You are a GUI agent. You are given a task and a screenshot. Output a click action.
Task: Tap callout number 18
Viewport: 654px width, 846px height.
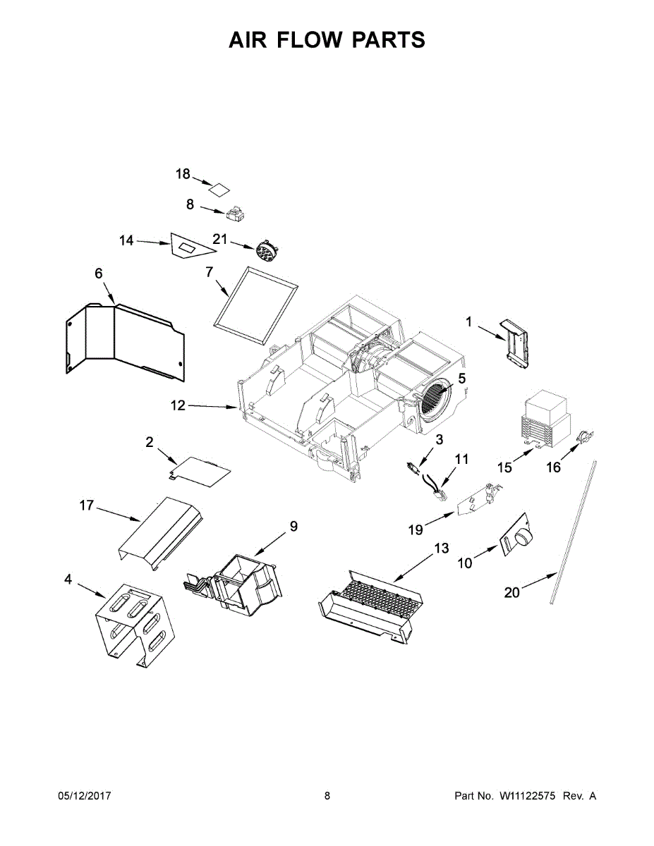(x=183, y=174)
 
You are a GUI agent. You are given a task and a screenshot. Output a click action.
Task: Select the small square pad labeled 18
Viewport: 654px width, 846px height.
(x=219, y=188)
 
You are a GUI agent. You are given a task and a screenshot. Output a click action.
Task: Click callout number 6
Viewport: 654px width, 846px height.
(x=99, y=274)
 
